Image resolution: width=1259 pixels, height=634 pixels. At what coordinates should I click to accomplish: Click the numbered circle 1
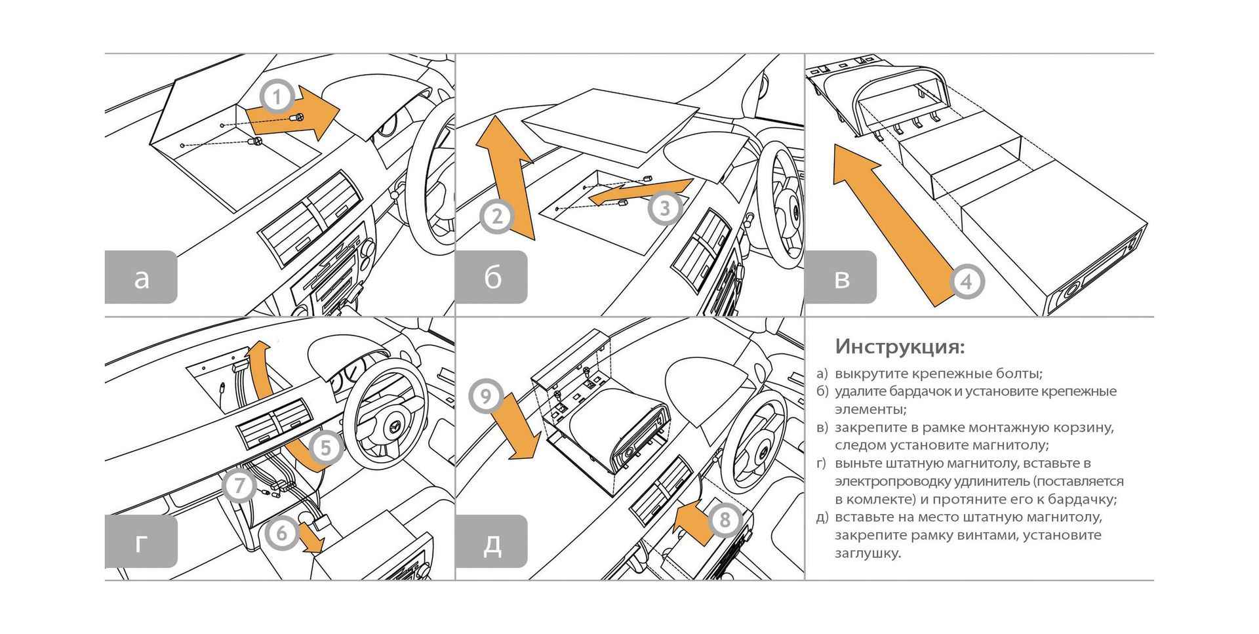(277, 98)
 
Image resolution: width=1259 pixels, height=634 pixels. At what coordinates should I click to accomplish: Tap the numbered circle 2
(496, 217)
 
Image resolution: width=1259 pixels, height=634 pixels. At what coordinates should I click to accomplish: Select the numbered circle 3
(664, 208)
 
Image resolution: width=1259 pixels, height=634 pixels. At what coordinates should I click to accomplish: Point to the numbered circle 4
(966, 282)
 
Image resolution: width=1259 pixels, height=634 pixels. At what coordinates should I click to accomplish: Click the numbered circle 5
(326, 449)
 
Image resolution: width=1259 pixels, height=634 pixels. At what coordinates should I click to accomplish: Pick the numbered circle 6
(282, 532)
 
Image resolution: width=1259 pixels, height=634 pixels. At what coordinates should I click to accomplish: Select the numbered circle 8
(725, 521)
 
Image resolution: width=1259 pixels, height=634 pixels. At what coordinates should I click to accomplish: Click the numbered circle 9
(486, 397)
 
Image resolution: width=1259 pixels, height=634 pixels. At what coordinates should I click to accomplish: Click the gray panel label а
(141, 277)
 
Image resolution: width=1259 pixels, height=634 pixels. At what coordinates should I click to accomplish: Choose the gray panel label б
(492, 277)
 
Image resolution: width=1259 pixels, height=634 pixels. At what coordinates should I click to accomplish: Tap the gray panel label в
(841, 277)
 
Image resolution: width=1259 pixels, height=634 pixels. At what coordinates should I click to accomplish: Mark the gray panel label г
(141, 542)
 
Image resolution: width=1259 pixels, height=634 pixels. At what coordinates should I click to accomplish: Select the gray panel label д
(492, 542)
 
